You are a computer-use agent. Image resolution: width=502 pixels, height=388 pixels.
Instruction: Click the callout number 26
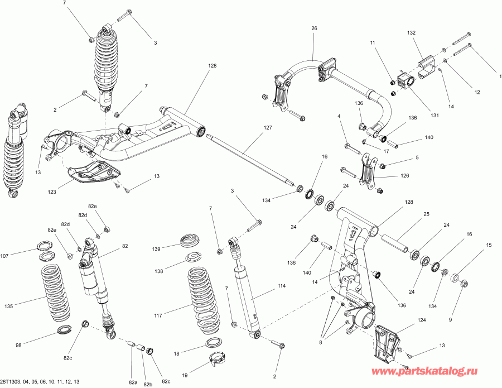(x=314, y=28)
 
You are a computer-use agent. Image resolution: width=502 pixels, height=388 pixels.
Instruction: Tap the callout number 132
(x=412, y=33)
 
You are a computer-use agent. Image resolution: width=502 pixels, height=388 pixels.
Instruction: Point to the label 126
(x=404, y=176)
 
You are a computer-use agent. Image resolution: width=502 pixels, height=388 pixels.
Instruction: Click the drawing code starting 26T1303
(x=40, y=382)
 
